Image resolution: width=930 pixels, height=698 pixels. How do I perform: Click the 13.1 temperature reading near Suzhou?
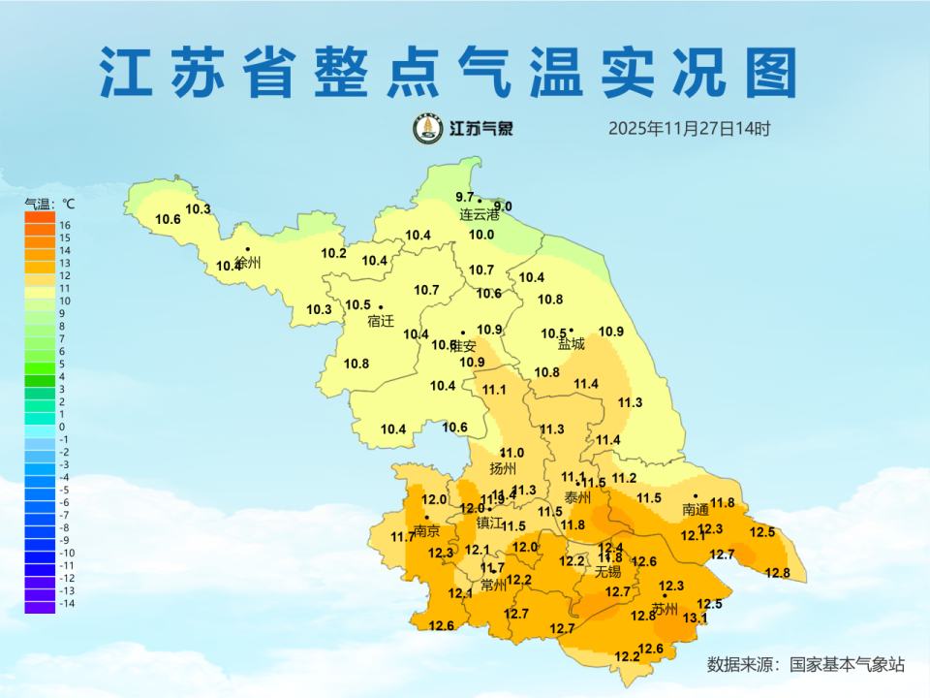(x=696, y=618)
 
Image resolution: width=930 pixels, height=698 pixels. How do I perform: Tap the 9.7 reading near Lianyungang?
(x=465, y=198)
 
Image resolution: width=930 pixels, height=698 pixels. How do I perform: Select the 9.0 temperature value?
(x=503, y=206)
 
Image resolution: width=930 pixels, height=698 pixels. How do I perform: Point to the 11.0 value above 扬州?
(x=511, y=453)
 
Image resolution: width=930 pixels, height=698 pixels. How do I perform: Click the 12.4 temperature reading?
(x=610, y=548)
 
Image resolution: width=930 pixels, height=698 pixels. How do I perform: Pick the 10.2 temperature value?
(x=333, y=253)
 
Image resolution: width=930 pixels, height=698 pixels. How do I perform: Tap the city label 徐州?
(x=248, y=263)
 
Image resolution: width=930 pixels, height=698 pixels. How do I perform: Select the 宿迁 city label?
(x=381, y=321)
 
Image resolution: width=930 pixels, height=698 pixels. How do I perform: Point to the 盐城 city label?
(x=572, y=343)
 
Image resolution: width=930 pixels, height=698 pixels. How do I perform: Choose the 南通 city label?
(x=696, y=508)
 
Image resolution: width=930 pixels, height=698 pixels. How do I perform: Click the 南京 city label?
(x=426, y=531)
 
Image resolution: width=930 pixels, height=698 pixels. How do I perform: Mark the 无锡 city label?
(x=608, y=571)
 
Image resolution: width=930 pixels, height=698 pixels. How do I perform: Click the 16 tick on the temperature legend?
(x=65, y=225)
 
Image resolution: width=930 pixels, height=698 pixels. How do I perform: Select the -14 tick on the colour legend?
(x=67, y=603)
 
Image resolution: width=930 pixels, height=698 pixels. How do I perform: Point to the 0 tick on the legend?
(x=62, y=427)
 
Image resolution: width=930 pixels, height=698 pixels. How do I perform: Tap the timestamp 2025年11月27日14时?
(x=689, y=128)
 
